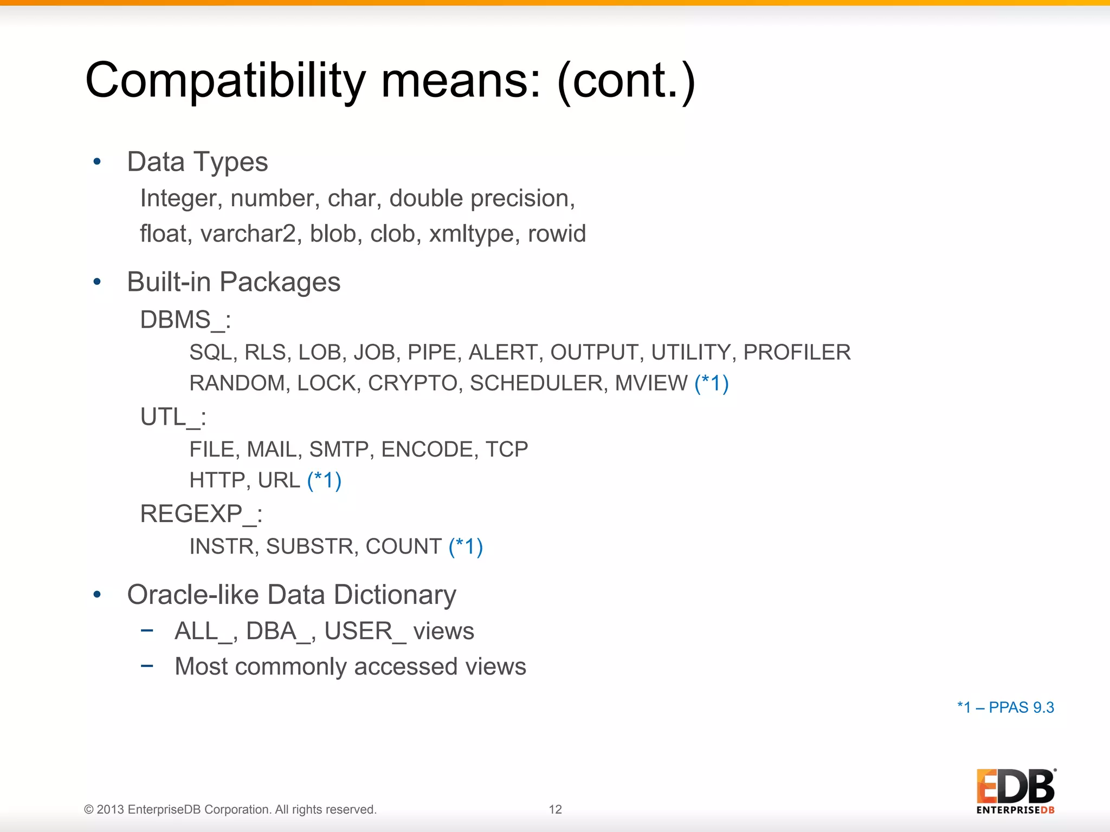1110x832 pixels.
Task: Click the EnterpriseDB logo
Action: click(1015, 791)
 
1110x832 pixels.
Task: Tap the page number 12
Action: click(555, 809)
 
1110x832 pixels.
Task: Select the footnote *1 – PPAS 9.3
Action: click(1005, 707)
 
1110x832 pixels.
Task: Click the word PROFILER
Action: click(797, 353)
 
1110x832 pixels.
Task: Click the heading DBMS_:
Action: click(185, 320)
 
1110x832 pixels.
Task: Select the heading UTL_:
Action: click(173, 417)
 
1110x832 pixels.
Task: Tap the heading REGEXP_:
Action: click(201, 514)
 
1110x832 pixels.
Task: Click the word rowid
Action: click(557, 234)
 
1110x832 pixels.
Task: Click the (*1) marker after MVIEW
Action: click(711, 383)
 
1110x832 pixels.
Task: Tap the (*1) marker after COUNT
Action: click(466, 547)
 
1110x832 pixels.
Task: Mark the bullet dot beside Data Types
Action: click(97, 161)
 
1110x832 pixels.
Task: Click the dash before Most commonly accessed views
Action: click(147, 666)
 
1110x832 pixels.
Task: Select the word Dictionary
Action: click(395, 595)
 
